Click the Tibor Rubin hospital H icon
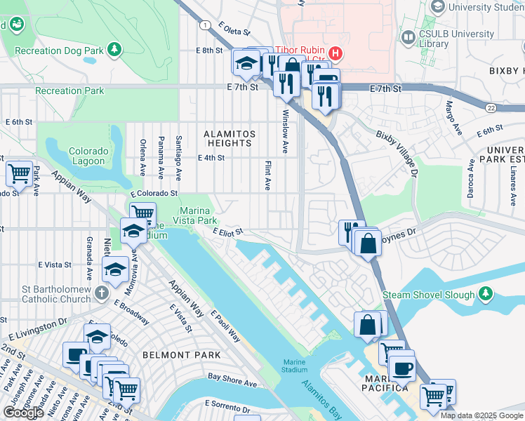tap(336, 52)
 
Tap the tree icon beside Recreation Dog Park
tap(112, 49)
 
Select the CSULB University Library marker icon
tap(408, 36)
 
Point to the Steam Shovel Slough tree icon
tap(485, 294)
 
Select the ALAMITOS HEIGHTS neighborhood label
tap(228, 138)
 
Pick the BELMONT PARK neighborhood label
tap(181, 355)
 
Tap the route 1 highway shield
tap(204, 25)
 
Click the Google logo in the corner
tap(23, 413)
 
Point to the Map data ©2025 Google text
tap(481, 415)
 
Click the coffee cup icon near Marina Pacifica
tap(402, 368)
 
